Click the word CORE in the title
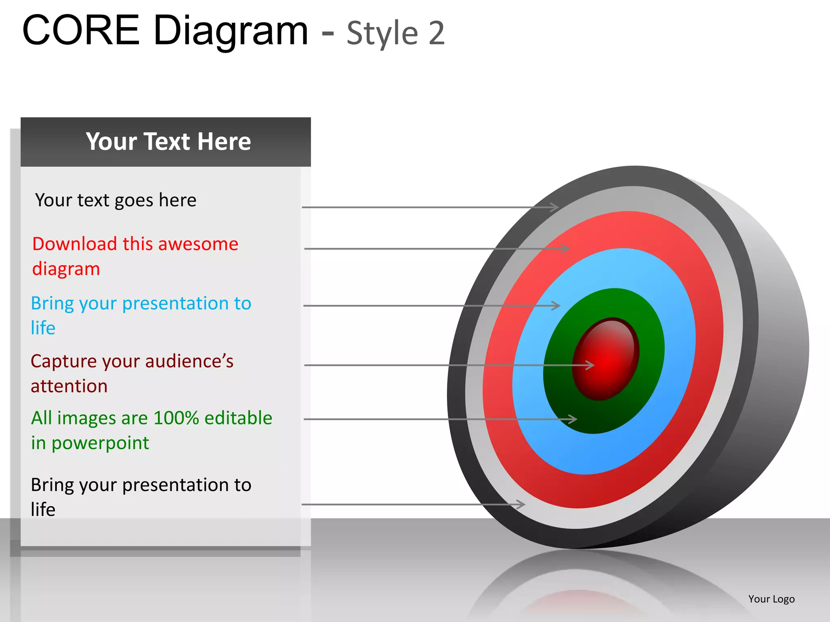[x=81, y=30]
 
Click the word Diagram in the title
[x=231, y=32]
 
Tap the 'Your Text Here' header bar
[x=166, y=142]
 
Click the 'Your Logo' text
[x=771, y=599]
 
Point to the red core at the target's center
[x=606, y=359]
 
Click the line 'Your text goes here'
[x=116, y=200]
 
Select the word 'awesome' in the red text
[x=198, y=244]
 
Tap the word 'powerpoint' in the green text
[x=100, y=443]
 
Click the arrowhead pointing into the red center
[x=590, y=365]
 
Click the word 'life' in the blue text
[x=43, y=328]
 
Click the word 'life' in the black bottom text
[x=43, y=510]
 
